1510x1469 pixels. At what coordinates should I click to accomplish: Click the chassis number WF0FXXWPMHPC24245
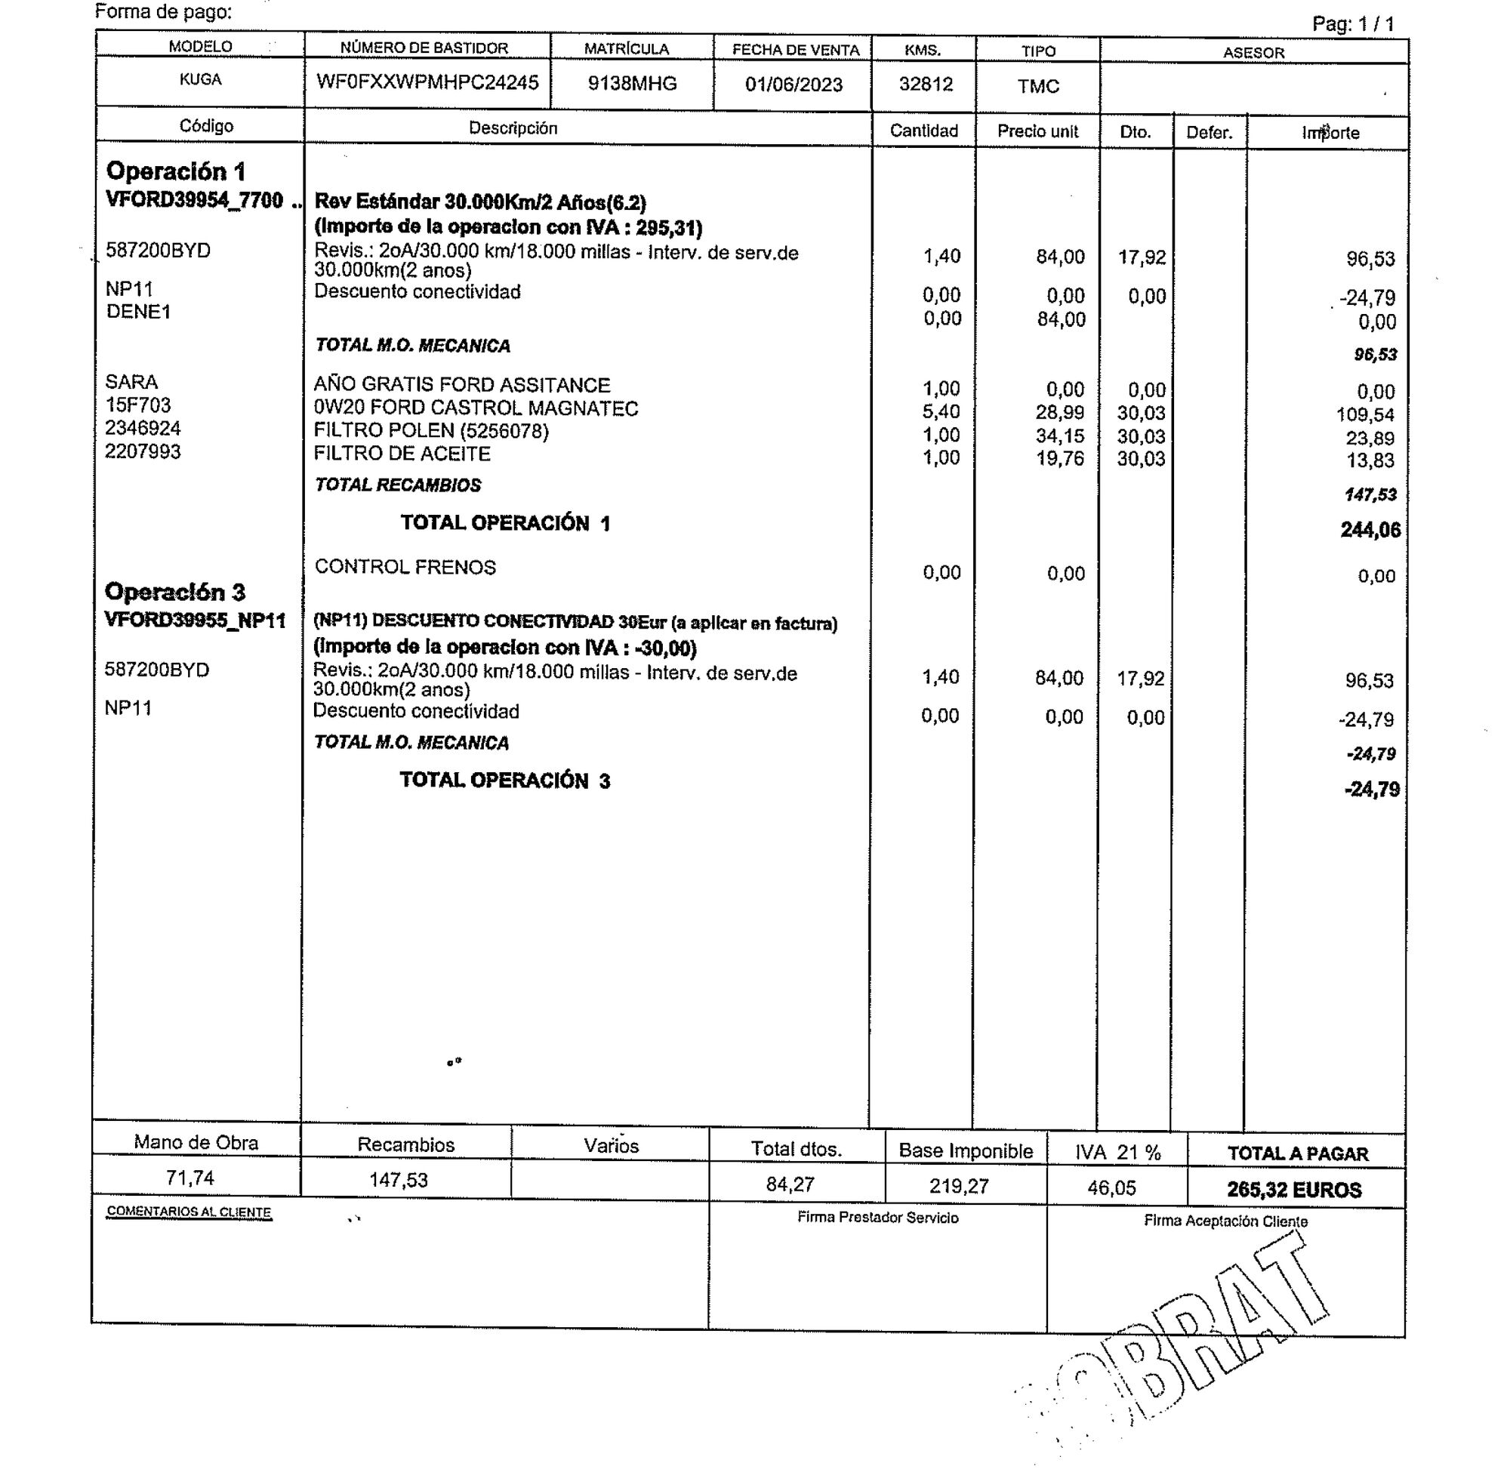click(427, 82)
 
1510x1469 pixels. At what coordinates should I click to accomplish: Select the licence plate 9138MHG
click(632, 83)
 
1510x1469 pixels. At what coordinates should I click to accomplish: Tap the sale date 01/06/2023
click(794, 84)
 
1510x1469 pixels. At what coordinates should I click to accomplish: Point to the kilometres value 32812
click(925, 84)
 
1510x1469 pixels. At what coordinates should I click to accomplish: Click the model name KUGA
click(200, 79)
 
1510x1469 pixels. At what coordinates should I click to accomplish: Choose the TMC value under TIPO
click(1038, 86)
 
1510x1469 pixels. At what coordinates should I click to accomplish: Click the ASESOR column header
click(1253, 54)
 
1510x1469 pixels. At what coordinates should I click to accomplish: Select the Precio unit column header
click(1037, 131)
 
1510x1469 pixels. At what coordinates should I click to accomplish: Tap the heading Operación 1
click(175, 171)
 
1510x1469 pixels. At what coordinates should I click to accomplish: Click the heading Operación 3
click(174, 592)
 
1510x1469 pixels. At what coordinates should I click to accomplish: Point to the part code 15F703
click(138, 405)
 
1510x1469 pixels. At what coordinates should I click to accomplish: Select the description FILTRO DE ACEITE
click(401, 454)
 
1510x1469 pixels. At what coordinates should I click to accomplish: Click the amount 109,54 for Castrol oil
click(1365, 415)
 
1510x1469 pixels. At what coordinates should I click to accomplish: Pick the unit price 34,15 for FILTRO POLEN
click(1059, 436)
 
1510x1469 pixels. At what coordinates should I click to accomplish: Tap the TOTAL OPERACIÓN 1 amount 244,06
click(1370, 530)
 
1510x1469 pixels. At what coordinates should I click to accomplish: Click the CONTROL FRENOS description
click(405, 567)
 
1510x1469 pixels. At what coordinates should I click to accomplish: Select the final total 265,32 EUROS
click(1294, 1190)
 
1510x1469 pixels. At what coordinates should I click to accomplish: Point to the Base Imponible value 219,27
click(958, 1186)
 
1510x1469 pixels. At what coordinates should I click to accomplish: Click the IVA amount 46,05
click(1111, 1187)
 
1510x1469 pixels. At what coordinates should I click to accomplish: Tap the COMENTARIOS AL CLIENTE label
click(189, 1212)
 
